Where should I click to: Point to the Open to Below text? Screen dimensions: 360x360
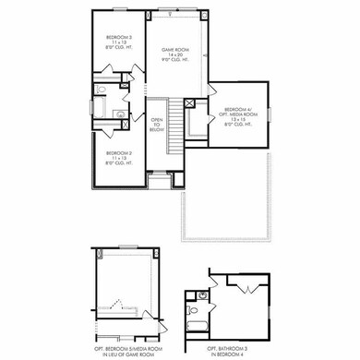tap(157, 124)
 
